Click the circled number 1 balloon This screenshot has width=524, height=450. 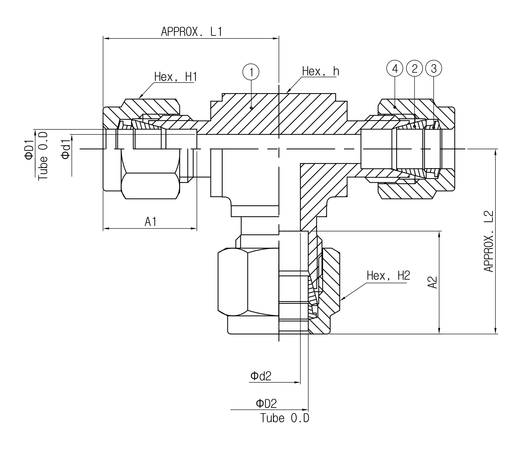point(251,72)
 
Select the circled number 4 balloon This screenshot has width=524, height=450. point(395,68)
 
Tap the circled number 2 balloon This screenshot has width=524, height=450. point(414,68)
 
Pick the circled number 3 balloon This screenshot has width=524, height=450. point(434,68)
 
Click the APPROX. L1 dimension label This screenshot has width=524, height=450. point(191,32)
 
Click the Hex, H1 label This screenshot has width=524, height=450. point(175,77)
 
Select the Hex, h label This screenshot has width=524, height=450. point(320,71)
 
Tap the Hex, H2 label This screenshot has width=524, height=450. point(388,276)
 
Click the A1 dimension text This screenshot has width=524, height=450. point(151,222)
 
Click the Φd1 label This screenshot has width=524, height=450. point(66,148)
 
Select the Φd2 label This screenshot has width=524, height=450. point(261,376)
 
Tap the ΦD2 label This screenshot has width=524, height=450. point(266,404)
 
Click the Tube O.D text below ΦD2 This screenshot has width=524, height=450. point(285,418)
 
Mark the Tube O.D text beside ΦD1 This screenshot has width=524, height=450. point(43,156)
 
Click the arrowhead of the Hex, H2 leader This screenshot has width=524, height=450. point(341,299)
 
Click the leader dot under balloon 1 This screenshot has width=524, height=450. point(251,108)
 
